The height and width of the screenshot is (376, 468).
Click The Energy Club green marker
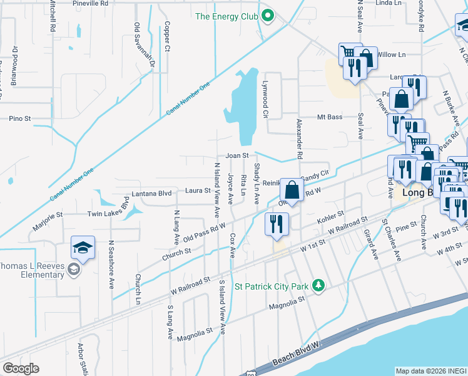pyautogui.click(x=268, y=16)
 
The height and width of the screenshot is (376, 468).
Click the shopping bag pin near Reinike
pyautogui.click(x=292, y=188)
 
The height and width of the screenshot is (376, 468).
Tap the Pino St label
pyautogui.click(x=20, y=118)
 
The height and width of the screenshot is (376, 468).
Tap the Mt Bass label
pyautogui.click(x=330, y=117)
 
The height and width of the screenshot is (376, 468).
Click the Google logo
pyautogui.click(x=21, y=368)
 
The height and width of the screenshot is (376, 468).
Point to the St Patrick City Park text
pyautogui.click(x=272, y=287)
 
